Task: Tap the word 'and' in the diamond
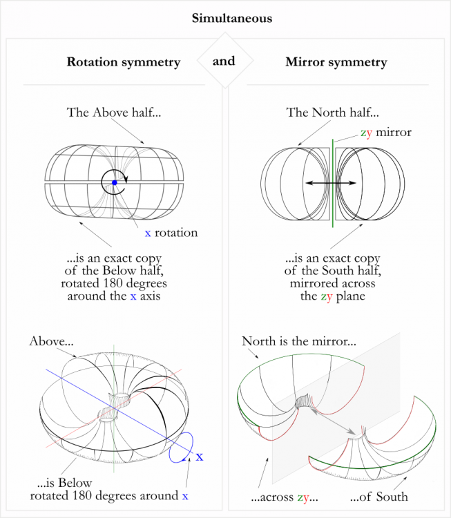coord(224,61)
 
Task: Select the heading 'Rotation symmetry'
coord(123,62)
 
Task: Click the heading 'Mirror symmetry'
coord(336,62)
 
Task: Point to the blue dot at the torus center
coord(115,182)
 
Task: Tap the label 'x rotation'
coord(171,233)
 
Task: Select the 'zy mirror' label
coord(385,132)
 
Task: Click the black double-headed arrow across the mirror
coord(332,182)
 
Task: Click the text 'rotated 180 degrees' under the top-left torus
coord(115,284)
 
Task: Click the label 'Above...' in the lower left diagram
coord(52,341)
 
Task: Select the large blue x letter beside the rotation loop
coord(200,457)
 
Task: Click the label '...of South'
coord(379,497)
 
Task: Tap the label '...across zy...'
coord(284,497)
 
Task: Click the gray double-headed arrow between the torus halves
coord(332,421)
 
